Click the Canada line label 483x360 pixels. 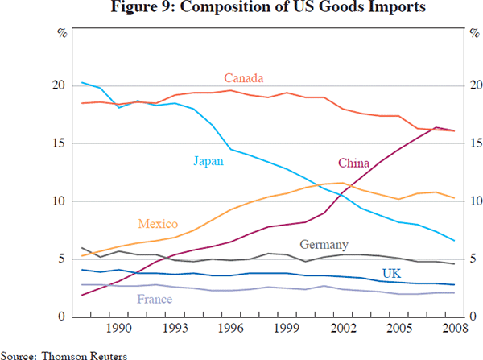(x=244, y=78)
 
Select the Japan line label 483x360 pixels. (x=208, y=161)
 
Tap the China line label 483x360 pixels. (x=354, y=163)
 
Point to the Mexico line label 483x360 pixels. (x=158, y=225)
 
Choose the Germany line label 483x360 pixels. (x=324, y=245)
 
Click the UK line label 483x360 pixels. (x=392, y=274)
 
